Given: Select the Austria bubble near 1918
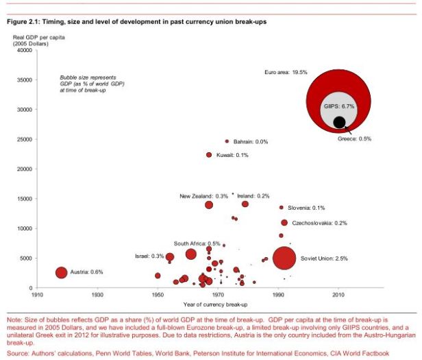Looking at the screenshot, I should (62, 272).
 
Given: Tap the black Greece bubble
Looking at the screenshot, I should (338, 122).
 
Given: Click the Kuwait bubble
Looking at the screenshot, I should (209, 155).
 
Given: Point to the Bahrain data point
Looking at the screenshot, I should (227, 141).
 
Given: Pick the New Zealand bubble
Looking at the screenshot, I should (209, 204).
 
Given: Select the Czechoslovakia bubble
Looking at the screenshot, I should (284, 223).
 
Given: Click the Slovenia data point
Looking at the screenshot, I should (281, 208).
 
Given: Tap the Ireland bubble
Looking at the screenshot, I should (245, 204).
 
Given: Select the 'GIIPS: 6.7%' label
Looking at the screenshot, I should (338, 108).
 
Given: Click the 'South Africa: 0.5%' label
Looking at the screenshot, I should (197, 243).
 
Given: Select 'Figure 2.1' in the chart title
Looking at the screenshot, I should (22, 22).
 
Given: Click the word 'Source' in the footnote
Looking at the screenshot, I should (17, 353).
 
